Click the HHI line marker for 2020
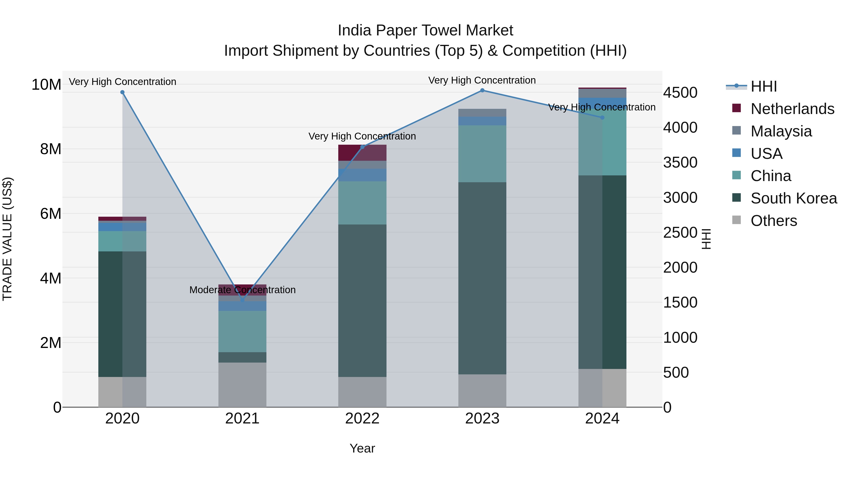[122, 92]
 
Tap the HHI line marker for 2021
[242, 300]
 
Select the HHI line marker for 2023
[482, 90]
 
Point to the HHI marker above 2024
[602, 118]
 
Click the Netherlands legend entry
[792, 109]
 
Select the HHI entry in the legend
[763, 86]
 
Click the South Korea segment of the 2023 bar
[482, 278]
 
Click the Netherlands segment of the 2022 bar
[362, 153]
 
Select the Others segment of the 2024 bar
[602, 388]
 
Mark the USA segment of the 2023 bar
[482, 121]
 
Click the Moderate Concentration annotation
[242, 290]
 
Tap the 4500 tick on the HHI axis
[680, 93]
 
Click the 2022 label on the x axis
[362, 419]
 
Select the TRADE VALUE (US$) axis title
[7, 239]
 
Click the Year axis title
[362, 448]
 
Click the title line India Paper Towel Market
[425, 30]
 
